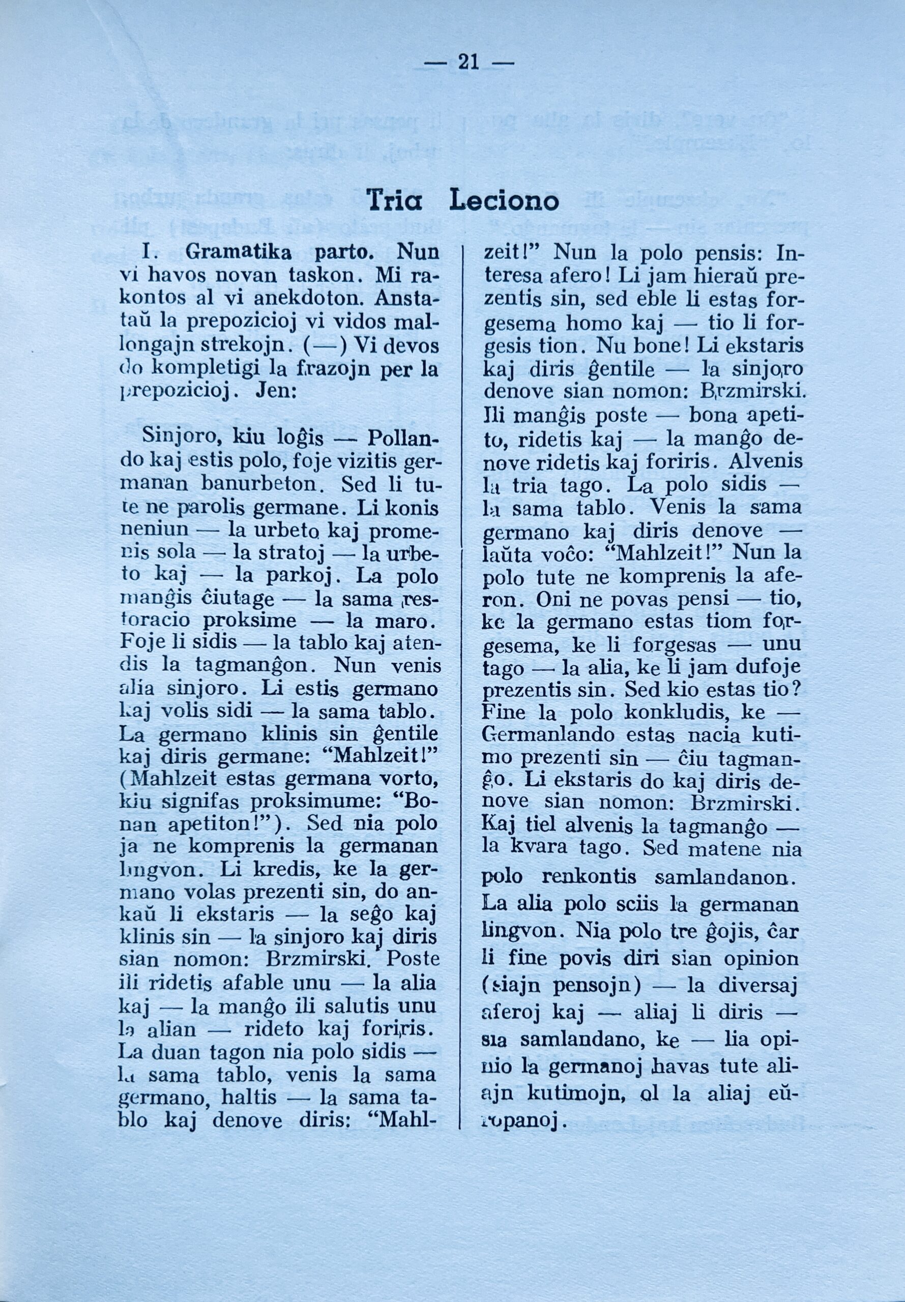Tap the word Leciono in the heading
(504, 201)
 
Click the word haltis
(251, 1098)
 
